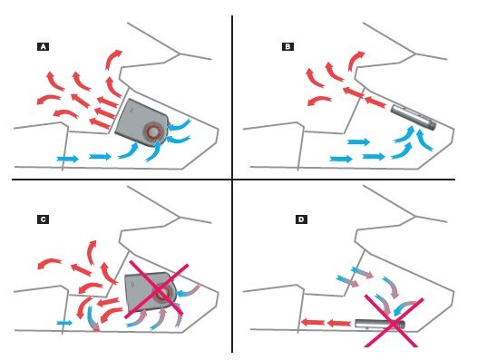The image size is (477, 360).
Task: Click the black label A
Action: (x=43, y=47)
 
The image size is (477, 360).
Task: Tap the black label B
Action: (x=287, y=46)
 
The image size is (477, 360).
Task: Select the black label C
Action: (x=43, y=219)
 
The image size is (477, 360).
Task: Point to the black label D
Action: (x=301, y=219)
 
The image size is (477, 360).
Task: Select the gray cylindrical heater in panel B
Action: (x=413, y=117)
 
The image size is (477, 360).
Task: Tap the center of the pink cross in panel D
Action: (x=393, y=323)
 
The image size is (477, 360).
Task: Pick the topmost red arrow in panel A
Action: (x=113, y=59)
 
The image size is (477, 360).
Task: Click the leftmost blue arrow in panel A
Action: (x=67, y=159)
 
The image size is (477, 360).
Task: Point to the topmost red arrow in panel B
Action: (x=355, y=61)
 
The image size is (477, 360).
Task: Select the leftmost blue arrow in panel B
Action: (x=341, y=159)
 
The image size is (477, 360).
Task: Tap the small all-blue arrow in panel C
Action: (x=64, y=323)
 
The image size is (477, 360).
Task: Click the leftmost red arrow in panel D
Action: (x=313, y=322)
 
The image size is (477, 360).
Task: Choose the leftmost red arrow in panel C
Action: (x=49, y=263)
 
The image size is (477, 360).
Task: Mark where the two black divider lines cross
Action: (x=232, y=180)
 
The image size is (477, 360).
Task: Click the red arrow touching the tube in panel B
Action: (x=375, y=102)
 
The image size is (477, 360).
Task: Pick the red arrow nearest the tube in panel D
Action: (x=338, y=323)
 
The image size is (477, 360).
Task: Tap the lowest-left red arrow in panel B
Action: (x=318, y=101)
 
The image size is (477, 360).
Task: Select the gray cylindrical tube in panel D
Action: (x=380, y=324)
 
